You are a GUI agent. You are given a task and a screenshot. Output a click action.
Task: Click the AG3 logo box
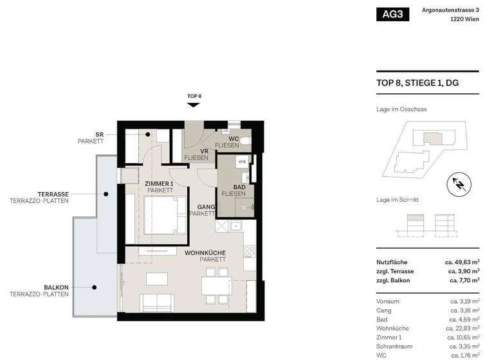tap(392, 14)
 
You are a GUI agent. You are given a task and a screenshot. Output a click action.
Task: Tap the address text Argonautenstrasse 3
tap(450, 10)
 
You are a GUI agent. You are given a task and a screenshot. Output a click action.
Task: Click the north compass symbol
tap(459, 184)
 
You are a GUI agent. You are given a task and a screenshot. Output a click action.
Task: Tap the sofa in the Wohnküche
tap(157, 303)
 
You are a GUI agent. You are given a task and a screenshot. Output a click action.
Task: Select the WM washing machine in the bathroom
tap(242, 161)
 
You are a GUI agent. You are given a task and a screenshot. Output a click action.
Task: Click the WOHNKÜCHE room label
tap(205, 253)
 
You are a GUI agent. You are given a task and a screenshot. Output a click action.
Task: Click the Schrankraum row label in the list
tap(394, 346)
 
